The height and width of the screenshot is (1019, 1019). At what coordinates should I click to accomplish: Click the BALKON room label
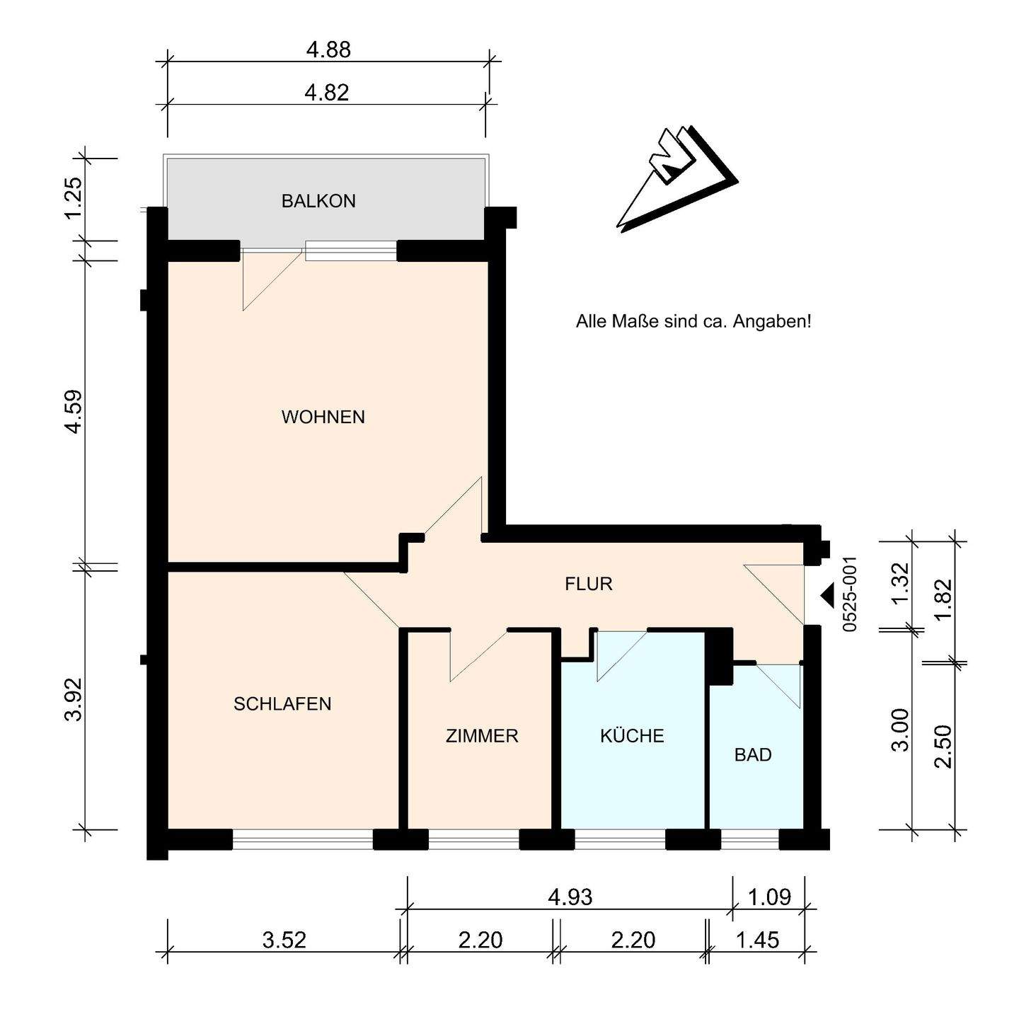(x=318, y=201)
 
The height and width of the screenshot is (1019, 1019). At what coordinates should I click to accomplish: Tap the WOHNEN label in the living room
(x=323, y=418)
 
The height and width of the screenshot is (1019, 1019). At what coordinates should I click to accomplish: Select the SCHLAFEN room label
(x=282, y=704)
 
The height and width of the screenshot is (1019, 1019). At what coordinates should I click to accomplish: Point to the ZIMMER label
(x=482, y=735)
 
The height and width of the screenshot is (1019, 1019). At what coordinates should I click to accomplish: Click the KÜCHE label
(x=632, y=735)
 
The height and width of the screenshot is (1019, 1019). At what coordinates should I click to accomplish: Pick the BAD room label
(x=753, y=754)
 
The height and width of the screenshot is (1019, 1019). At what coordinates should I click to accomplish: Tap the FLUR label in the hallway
(x=589, y=584)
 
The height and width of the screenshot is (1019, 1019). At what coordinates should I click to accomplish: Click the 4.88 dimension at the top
(x=328, y=50)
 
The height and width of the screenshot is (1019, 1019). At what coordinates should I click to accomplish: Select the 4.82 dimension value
(x=327, y=93)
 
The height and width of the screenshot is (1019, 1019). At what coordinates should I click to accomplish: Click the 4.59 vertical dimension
(x=74, y=412)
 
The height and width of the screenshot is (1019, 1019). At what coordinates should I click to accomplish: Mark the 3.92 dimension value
(x=74, y=699)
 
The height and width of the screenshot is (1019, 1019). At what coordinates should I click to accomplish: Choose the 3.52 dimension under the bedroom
(x=284, y=940)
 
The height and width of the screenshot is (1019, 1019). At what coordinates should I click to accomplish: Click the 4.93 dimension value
(x=570, y=897)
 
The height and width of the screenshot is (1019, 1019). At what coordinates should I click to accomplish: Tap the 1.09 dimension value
(x=770, y=897)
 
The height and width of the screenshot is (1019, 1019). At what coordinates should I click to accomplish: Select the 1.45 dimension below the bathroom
(x=757, y=940)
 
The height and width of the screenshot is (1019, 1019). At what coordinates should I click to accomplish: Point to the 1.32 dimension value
(x=899, y=582)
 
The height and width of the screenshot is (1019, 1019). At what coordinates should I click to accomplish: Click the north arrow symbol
(x=677, y=179)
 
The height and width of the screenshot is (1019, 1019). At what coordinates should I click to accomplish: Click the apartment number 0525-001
(x=850, y=594)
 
